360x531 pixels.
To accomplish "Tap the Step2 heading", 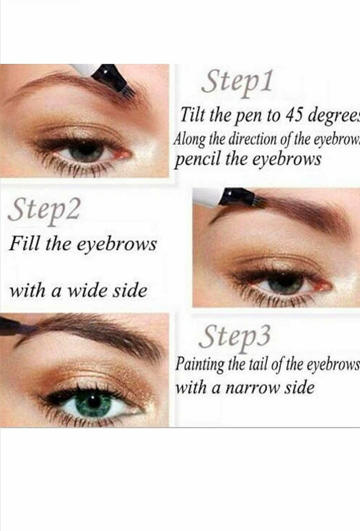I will [x=44, y=210].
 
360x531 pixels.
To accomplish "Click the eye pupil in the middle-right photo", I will [x=285, y=283].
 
